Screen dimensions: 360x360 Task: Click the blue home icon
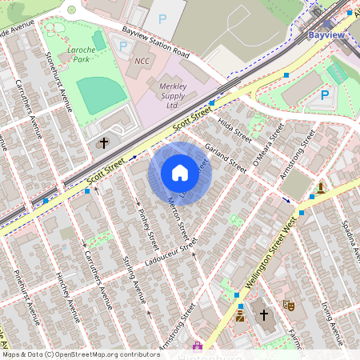180,173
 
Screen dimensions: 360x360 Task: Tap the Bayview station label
326,35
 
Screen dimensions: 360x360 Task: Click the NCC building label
142,61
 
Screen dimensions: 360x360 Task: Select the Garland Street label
225,156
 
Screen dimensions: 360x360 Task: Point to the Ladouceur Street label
166,254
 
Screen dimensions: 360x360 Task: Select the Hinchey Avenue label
69,293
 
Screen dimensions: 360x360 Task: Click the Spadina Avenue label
348,236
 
